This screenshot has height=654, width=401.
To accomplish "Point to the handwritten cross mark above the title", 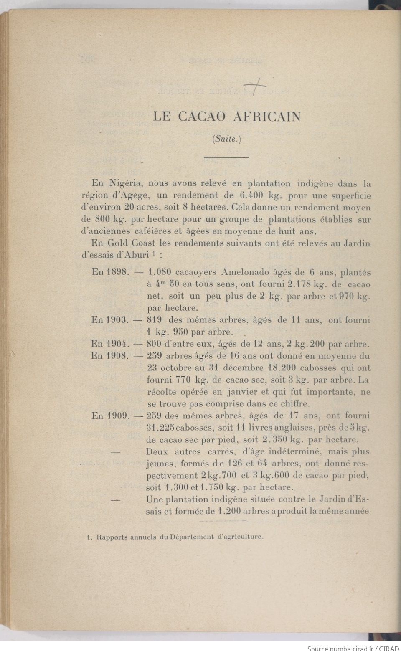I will (255, 87).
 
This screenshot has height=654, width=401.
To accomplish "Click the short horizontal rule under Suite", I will (226, 157).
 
